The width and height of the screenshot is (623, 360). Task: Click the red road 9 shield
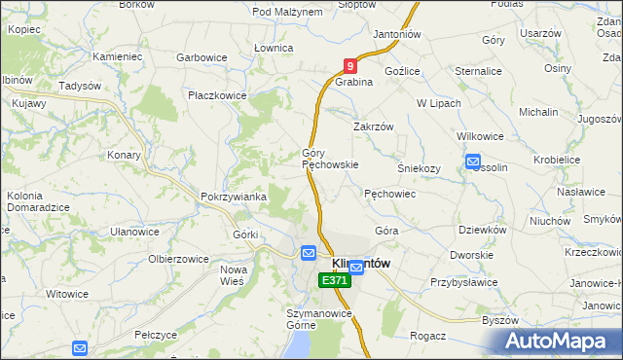[350, 67]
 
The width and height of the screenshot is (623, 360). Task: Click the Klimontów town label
[361, 263]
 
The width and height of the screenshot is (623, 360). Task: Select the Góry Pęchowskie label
[330, 159]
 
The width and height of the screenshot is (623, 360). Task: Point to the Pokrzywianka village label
[234, 197]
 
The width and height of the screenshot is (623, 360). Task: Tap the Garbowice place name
[202, 57]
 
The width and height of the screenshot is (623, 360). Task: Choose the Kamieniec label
[117, 57]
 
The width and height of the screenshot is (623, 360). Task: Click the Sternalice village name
[477, 71]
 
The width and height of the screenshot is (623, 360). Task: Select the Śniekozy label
[419, 167]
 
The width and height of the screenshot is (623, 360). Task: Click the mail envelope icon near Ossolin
[472, 162]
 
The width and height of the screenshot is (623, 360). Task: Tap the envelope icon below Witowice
[80, 347]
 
